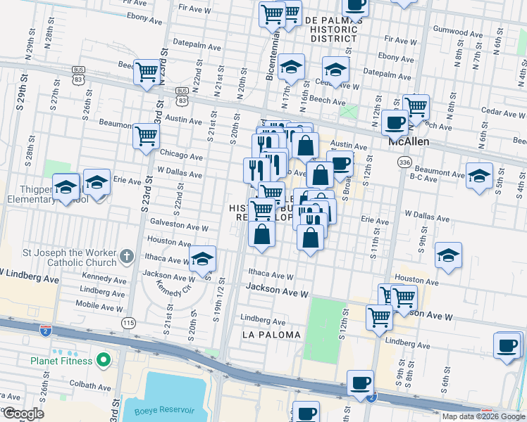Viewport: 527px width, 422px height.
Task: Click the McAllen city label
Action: point(409,141)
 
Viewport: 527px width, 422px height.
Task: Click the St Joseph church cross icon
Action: point(127,257)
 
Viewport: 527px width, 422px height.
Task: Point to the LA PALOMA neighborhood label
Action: point(271,335)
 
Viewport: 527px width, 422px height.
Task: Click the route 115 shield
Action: point(128,322)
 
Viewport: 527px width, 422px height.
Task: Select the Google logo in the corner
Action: point(23,414)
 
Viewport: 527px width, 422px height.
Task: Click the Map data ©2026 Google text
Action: point(483,416)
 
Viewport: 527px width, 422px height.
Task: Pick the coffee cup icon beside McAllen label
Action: point(395,122)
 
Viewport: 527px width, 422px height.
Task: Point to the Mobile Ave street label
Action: point(98,305)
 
